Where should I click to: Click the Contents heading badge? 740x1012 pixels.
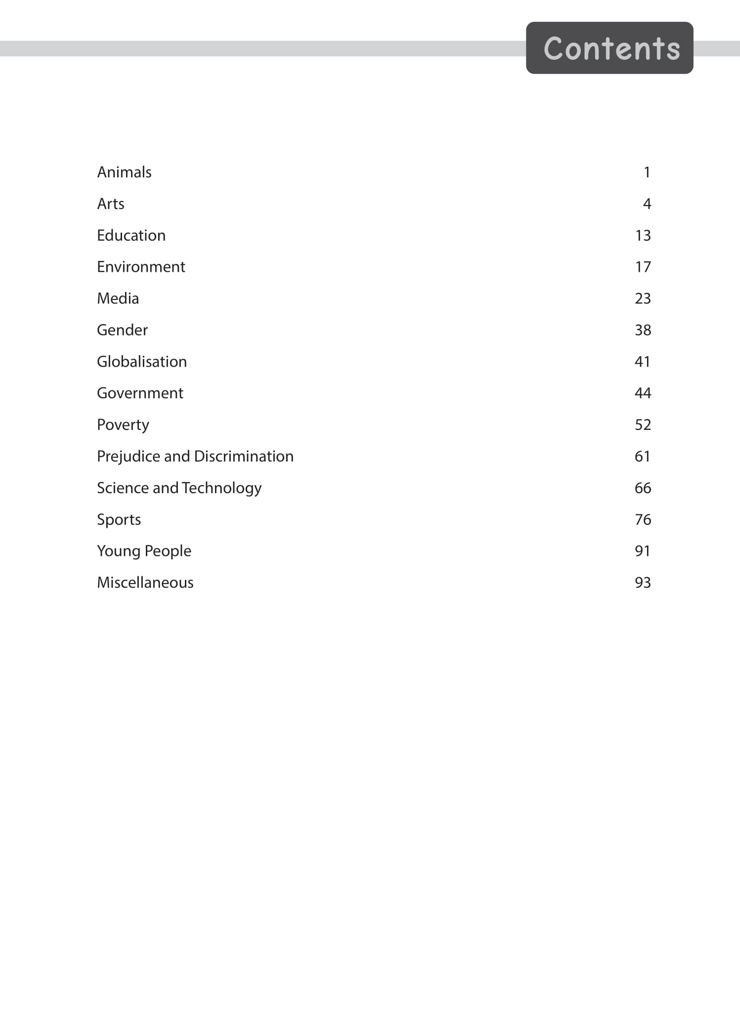point(609,48)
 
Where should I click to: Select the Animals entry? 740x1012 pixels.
point(124,172)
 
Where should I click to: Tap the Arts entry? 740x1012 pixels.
point(111,204)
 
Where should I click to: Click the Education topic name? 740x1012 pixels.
point(131,235)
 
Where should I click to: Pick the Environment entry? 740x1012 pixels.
point(141,267)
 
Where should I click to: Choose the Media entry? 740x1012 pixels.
point(118,298)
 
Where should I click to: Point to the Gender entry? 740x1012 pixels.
point(122,330)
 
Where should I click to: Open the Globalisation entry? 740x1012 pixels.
point(142,362)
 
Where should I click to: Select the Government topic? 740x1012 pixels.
point(140,393)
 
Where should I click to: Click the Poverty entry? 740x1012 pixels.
point(123,425)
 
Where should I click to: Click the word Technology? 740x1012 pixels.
point(221,488)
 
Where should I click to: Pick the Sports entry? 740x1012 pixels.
point(119,520)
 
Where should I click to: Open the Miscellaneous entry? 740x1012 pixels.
point(145,583)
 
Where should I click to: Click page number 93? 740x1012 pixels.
point(643,583)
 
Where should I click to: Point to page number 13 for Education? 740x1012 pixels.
point(643,235)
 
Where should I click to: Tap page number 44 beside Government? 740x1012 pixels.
point(643,393)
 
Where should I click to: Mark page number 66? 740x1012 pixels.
point(643,488)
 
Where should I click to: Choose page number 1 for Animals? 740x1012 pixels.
point(647,172)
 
